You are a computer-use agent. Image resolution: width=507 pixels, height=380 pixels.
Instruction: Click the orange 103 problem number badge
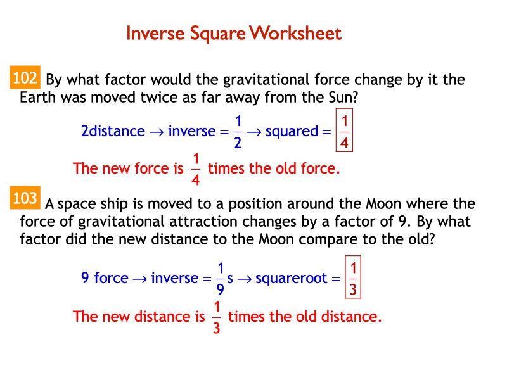click(x=25, y=199)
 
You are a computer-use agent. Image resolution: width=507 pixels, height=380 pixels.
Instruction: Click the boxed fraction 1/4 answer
click(x=343, y=132)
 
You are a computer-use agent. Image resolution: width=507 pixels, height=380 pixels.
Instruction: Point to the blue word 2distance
click(x=113, y=132)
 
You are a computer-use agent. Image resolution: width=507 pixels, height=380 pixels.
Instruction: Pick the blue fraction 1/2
click(x=238, y=132)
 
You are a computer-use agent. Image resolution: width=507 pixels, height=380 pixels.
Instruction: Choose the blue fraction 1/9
click(x=221, y=277)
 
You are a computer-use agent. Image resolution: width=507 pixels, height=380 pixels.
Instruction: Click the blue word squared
click(x=292, y=132)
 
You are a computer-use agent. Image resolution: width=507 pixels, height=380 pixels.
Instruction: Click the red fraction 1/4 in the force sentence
click(x=196, y=168)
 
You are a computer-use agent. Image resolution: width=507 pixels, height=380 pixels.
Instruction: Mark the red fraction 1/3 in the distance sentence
click(x=217, y=316)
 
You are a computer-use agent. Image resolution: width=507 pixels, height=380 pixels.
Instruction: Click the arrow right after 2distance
click(x=156, y=132)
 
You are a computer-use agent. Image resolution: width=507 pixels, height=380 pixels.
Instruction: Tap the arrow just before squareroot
click(x=245, y=279)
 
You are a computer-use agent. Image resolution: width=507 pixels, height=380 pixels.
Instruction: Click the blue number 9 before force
click(x=85, y=277)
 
